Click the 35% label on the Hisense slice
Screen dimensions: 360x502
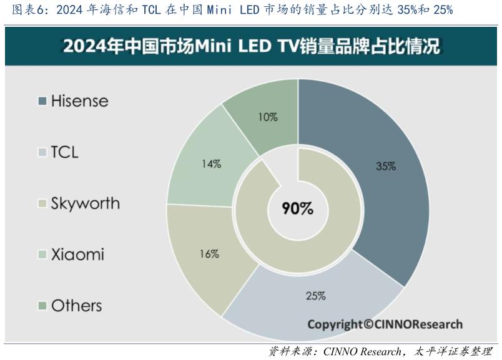tap(386, 167)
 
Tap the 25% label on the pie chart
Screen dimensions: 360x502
tap(316, 296)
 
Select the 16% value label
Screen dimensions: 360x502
tap(209, 254)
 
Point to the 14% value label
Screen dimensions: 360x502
tap(211, 164)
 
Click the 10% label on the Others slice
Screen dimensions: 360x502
tap(268, 117)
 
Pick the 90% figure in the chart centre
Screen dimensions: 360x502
tap(298, 208)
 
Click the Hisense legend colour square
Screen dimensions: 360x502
tap(42, 101)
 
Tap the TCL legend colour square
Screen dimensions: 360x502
tap(42, 152)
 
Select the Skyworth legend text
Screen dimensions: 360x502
tap(85, 203)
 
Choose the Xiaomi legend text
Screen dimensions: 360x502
tap(77, 255)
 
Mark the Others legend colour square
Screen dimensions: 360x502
tap(42, 306)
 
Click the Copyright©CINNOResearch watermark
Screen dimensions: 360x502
tap(385, 324)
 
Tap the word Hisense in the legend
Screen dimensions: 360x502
tap(79, 101)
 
